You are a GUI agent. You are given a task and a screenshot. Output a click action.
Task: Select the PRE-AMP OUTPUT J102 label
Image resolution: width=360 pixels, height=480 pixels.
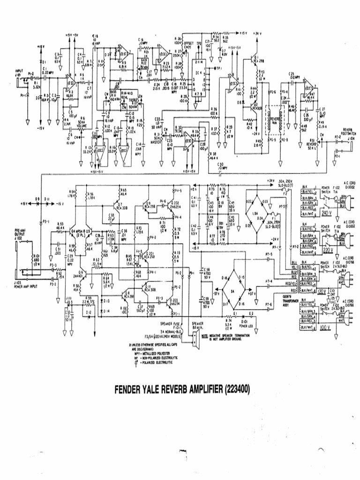coord(21,232)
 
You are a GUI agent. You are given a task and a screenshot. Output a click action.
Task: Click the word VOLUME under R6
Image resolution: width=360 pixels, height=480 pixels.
coord(82,126)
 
